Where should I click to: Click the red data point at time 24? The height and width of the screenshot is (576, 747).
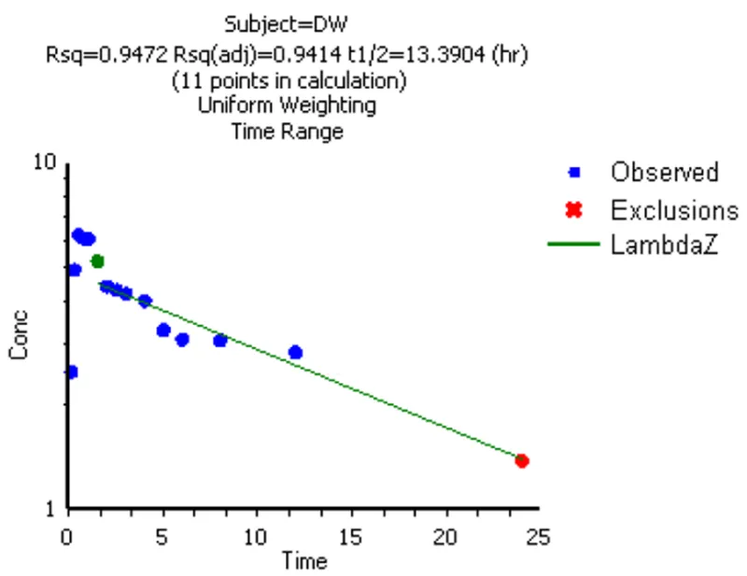point(522,460)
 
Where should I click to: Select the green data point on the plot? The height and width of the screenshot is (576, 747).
point(97,261)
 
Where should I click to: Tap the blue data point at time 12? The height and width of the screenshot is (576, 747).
point(295,352)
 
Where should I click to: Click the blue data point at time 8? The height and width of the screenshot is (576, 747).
point(220,340)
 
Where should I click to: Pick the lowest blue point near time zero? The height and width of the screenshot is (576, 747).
point(71,372)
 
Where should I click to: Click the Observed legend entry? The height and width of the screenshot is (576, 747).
point(664,172)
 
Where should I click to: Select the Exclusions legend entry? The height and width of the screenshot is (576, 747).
point(674,208)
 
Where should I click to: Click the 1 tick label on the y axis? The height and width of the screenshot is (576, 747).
point(51,510)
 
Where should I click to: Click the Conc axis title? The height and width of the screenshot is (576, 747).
point(19,336)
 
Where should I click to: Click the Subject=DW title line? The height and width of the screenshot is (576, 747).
point(288,21)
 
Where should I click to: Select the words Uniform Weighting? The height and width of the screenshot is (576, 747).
point(288,105)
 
